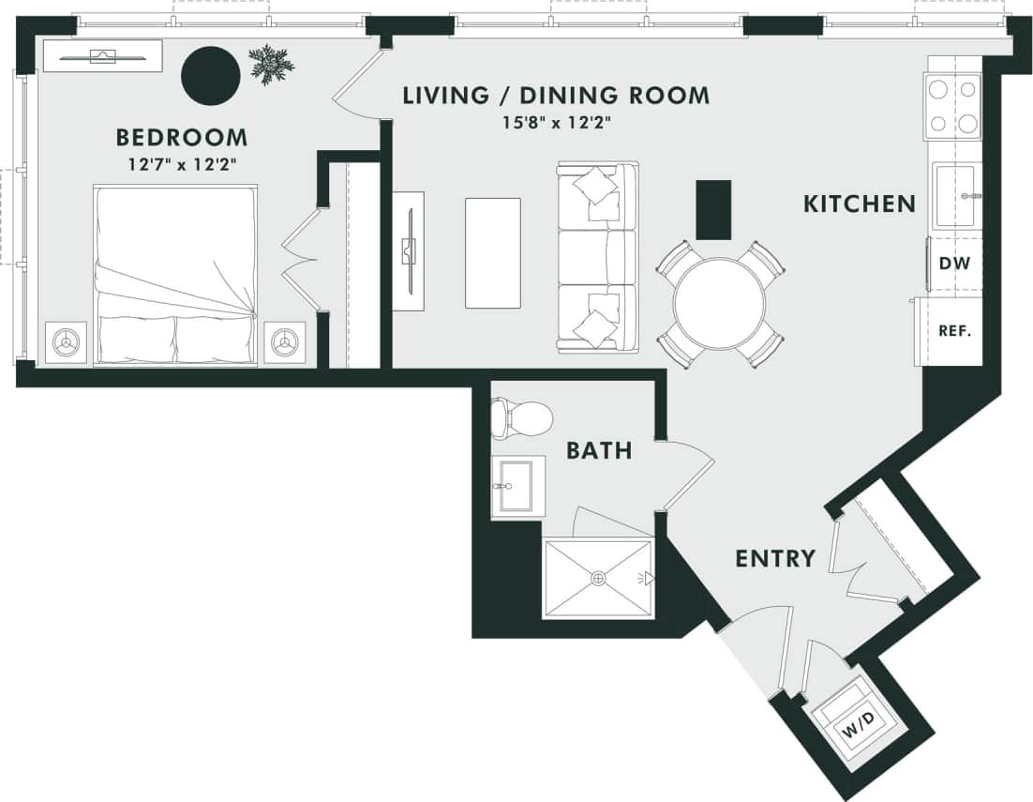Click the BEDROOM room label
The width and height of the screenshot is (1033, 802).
coord(182,138)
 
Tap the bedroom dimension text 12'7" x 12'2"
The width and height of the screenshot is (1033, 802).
coord(182,165)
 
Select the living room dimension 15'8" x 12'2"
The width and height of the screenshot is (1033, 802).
coord(556,123)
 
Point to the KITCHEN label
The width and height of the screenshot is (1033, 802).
coord(859,204)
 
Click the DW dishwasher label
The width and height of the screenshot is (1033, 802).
coord(954,264)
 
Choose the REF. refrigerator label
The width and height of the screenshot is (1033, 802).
coord(954,330)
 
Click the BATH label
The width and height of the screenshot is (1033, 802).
coord(598,451)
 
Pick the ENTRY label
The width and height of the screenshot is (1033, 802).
coord(774,559)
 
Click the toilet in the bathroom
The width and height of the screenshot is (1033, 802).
coord(521,417)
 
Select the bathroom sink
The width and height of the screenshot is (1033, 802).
coord(516,485)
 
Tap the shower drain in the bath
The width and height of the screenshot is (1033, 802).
coord(598,579)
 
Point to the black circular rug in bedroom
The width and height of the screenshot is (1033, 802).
coord(210,76)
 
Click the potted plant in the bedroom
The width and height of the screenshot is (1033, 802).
coord(271,64)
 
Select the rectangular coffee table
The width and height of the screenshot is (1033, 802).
coord(493,253)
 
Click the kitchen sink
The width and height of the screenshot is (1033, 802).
coord(954,196)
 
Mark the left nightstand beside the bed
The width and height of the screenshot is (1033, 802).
coord(67,341)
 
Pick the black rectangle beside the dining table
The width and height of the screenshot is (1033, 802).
coord(713,210)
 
